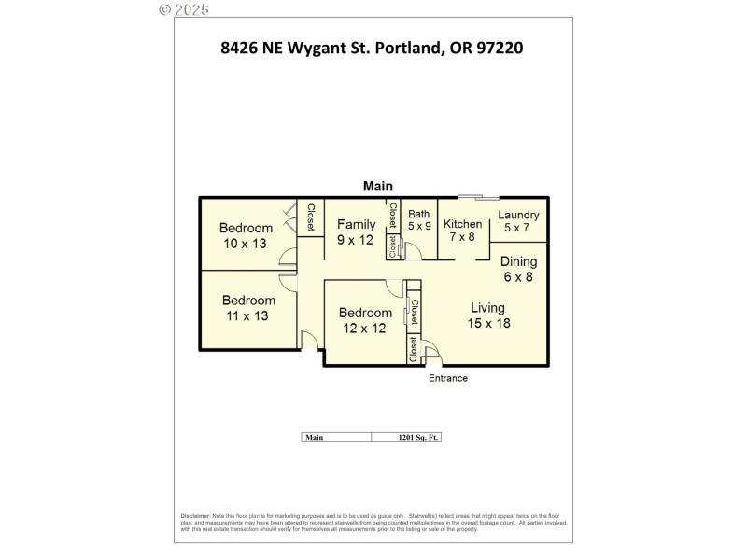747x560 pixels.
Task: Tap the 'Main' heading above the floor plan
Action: coord(378,186)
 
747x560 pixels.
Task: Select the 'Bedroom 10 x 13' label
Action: coord(247,236)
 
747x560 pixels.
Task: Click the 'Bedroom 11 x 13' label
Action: coord(248,308)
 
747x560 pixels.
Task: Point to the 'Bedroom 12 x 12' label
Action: coord(365,320)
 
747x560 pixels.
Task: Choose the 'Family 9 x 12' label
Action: coord(356,231)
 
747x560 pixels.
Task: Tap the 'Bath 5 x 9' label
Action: coord(418,219)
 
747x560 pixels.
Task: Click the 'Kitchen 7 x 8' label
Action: coord(462,231)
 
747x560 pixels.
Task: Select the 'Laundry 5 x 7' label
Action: coord(518,221)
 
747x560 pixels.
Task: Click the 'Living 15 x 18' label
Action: coord(487,315)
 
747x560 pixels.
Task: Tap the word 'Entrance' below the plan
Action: coord(447,378)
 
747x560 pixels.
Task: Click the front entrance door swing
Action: coord(431,355)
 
